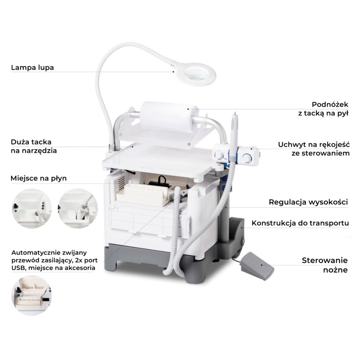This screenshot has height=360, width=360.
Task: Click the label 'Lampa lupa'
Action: click(32, 67)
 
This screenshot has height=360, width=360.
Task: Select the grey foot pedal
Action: click(257, 266)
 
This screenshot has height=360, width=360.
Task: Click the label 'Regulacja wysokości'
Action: click(308, 202)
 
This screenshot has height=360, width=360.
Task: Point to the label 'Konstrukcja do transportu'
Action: click(300, 223)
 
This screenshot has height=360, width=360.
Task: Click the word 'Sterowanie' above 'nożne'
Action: click(324, 261)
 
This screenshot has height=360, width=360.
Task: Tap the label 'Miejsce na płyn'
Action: click(39, 178)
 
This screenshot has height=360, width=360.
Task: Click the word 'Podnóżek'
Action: click(330, 104)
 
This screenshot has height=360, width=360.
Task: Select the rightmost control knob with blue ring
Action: click(247, 159)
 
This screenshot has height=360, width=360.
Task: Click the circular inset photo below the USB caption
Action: click(31, 295)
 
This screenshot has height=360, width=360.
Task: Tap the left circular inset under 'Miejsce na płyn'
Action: click(32, 208)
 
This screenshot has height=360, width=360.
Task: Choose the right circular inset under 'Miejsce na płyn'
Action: click(78, 208)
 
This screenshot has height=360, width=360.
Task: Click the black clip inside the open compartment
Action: click(159, 182)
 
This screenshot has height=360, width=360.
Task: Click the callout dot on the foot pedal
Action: click(262, 265)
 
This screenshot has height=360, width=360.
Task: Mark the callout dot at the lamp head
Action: click(174, 72)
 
